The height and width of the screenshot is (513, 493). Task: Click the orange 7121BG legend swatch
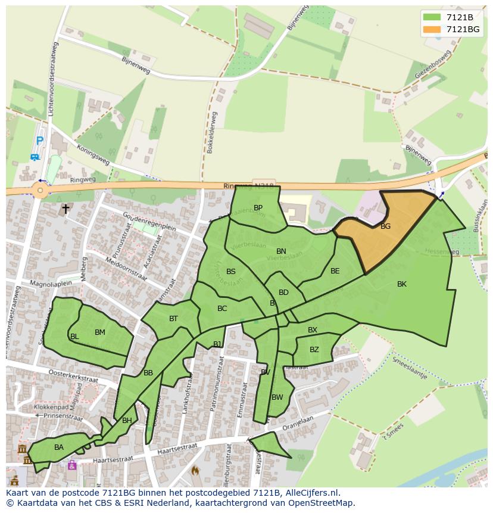[432, 29]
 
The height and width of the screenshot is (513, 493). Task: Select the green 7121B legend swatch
[432, 17]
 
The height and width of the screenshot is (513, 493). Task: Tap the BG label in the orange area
[385, 226]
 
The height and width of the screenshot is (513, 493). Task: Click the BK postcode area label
[402, 284]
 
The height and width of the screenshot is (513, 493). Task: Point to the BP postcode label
[258, 208]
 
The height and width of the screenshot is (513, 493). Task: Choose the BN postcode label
[281, 251]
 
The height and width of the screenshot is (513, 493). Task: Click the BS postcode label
[231, 272]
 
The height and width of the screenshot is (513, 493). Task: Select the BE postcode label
[335, 271]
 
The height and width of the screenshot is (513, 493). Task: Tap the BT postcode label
[173, 319]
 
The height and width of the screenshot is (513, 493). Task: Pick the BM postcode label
[99, 332]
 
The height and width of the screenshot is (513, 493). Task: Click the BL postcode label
[74, 337]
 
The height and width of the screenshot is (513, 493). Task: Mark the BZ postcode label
[314, 350]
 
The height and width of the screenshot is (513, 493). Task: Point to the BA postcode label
[59, 447]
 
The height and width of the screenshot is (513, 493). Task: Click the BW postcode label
[277, 397]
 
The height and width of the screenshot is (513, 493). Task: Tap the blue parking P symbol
[39, 141]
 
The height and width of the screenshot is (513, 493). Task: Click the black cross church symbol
[65, 209]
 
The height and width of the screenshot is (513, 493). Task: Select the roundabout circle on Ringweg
[40, 191]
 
